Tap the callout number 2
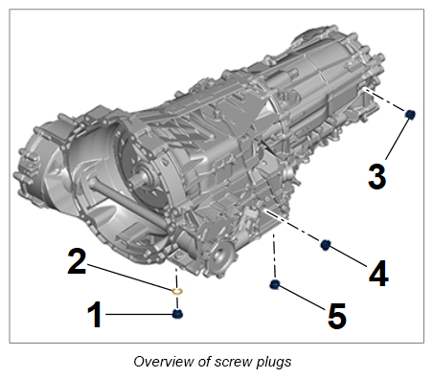pos(77,261)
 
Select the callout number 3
pos(377,177)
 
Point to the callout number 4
pos(378,274)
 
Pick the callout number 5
pos(337,316)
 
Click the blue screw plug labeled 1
pos(177,314)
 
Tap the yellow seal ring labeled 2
pos(177,291)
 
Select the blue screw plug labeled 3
pos(410,114)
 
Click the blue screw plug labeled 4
pos(325,245)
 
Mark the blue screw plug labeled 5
pos(275,284)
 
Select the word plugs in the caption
pos(274,363)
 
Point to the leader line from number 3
pos(398,139)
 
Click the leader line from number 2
pos(130,277)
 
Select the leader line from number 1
pos(139,314)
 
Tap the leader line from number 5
pos(302,297)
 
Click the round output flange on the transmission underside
pos(220,256)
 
